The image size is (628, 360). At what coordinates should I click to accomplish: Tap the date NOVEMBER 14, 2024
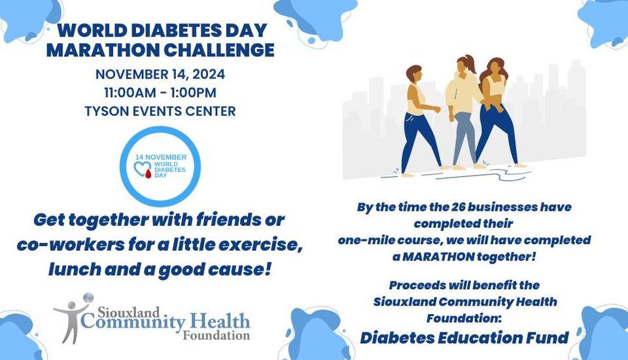click(x=160, y=74)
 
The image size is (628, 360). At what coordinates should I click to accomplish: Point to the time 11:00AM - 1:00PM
click(x=160, y=92)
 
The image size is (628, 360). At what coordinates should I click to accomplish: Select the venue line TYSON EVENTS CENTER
click(x=160, y=111)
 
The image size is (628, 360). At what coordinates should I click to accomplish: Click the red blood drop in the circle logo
click(x=148, y=173)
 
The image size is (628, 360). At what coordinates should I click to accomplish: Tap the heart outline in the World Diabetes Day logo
click(x=141, y=168)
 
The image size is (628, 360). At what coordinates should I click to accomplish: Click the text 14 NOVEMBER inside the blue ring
click(x=161, y=157)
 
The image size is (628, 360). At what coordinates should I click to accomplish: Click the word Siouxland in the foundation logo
click(x=129, y=312)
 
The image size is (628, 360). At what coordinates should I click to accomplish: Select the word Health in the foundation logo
click(x=220, y=321)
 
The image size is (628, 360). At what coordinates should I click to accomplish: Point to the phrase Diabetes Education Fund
click(x=464, y=338)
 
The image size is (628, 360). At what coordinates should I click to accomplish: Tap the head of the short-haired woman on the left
click(x=413, y=74)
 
